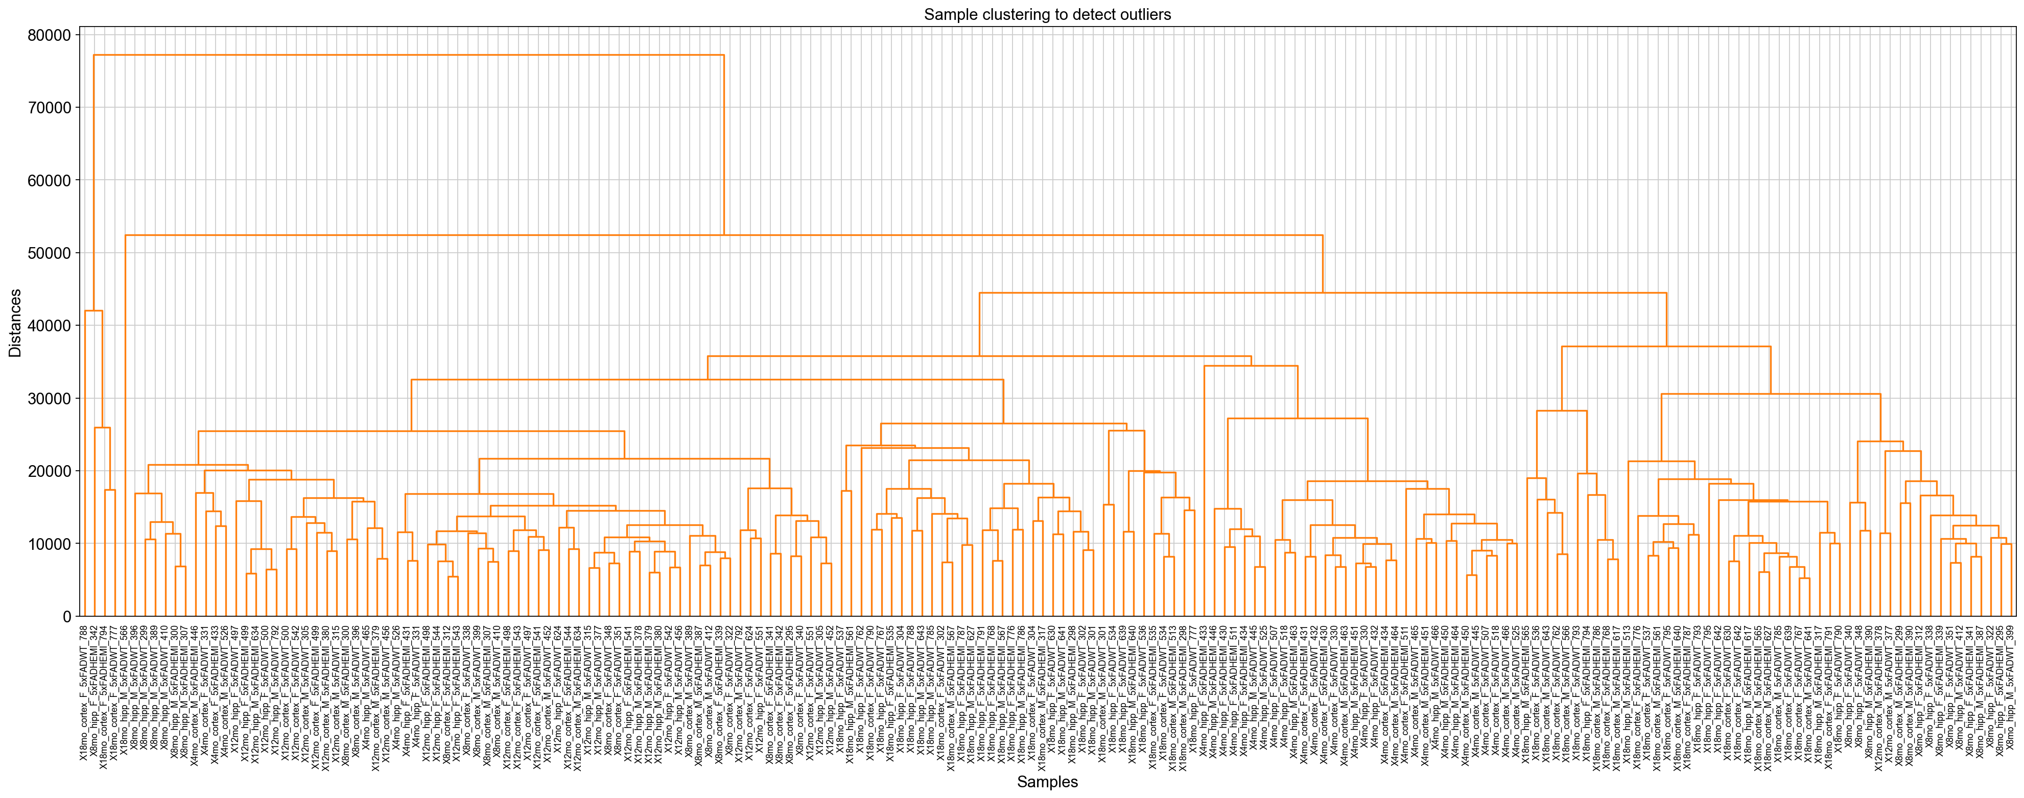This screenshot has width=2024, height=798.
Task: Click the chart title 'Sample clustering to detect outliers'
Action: [x=1047, y=15]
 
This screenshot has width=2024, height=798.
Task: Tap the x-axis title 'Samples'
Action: [x=1047, y=782]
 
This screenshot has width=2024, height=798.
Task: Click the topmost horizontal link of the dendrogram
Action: [x=409, y=55]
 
